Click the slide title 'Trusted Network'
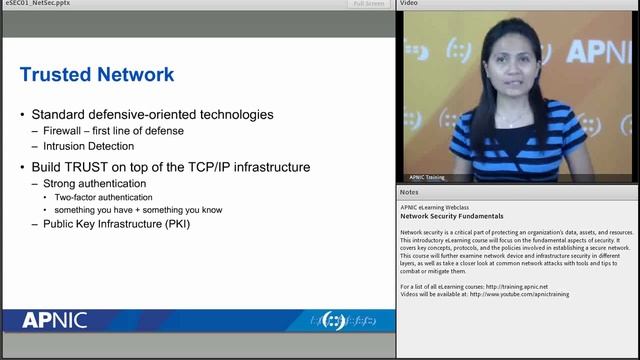point(97,74)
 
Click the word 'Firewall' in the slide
point(69,131)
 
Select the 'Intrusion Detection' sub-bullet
point(88,146)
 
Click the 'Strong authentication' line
point(94,184)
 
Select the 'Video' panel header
point(409,4)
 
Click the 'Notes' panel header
point(409,191)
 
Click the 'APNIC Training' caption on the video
point(427,177)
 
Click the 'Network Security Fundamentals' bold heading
point(452,216)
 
